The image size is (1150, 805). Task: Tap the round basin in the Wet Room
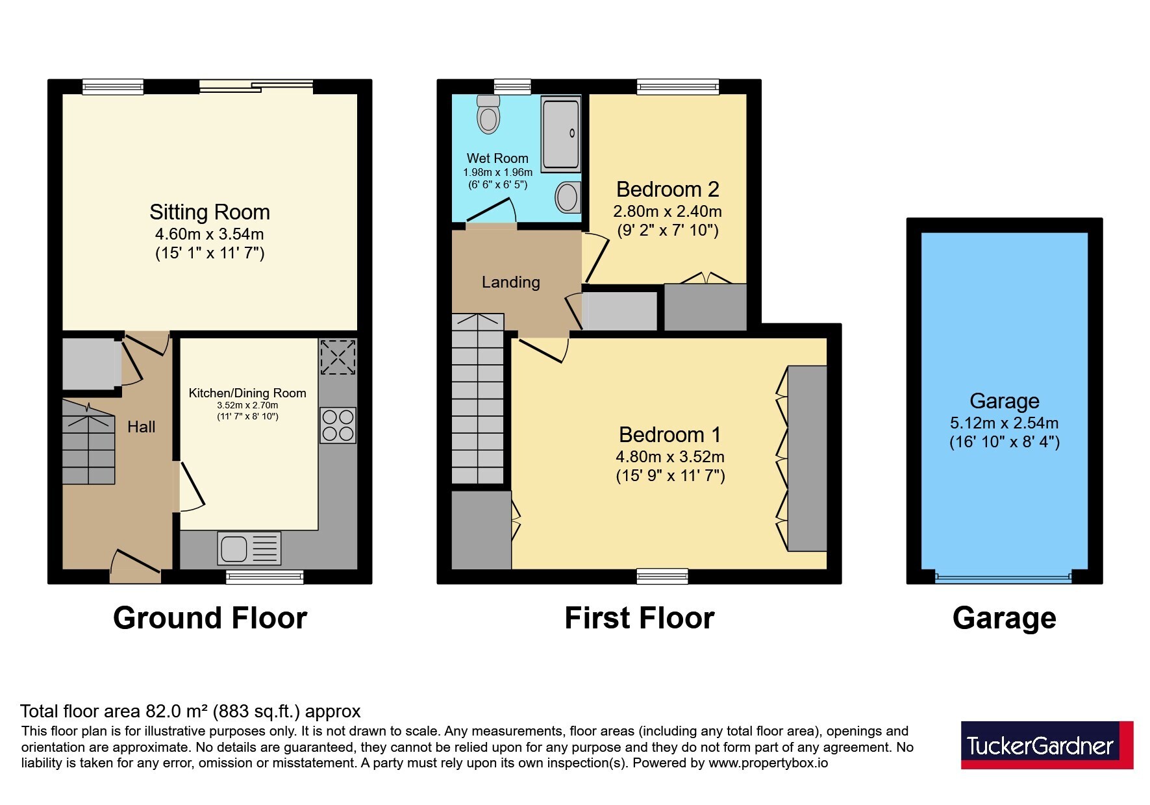[x=568, y=196]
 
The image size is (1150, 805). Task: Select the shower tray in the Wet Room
[x=561, y=134]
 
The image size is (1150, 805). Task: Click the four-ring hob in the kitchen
[x=338, y=425]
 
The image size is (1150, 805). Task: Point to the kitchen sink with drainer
[x=250, y=548]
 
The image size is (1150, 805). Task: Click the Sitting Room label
[x=210, y=212]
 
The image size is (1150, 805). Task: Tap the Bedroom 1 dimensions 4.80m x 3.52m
[x=670, y=456]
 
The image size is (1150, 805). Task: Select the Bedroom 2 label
[x=668, y=190]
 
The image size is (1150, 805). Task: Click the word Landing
[x=510, y=282]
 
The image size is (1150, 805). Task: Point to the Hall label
[x=141, y=427]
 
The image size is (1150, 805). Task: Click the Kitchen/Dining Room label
[x=247, y=393]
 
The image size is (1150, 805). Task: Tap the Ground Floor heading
[x=210, y=618]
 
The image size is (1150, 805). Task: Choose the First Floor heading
[x=640, y=618]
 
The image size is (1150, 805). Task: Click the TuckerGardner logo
[x=1047, y=745]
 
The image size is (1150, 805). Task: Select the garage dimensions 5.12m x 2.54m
[x=1004, y=423]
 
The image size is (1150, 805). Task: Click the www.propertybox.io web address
[x=768, y=763]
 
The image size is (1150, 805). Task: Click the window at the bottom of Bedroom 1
[x=662, y=576]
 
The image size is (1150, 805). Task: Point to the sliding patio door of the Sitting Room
[x=256, y=86]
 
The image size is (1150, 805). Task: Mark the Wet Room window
[x=512, y=86]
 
